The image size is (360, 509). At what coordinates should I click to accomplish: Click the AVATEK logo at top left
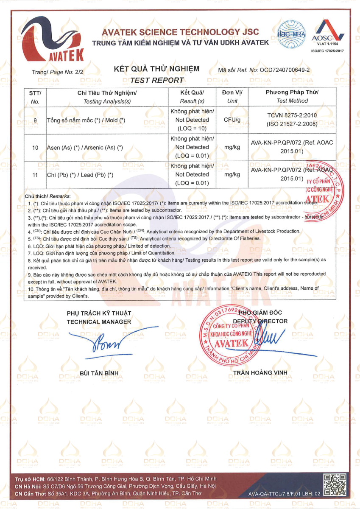pyautogui.click(x=53, y=41)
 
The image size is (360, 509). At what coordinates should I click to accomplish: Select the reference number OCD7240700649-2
pyautogui.click(x=285, y=70)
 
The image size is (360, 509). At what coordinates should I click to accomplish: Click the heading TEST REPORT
pyautogui.click(x=156, y=80)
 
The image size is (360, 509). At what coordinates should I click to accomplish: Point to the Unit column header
pyautogui.click(x=232, y=97)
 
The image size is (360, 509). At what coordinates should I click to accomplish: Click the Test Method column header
pyautogui.click(x=292, y=97)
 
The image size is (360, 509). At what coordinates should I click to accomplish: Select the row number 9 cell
pyautogui.click(x=35, y=120)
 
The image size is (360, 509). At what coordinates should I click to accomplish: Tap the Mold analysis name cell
pyautogui.click(x=86, y=120)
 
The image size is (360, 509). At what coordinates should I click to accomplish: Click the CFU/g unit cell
pyautogui.click(x=232, y=120)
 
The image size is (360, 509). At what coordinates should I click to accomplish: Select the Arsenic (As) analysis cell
pyautogui.click(x=84, y=148)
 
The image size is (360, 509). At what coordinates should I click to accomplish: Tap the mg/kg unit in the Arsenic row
pyautogui.click(x=232, y=147)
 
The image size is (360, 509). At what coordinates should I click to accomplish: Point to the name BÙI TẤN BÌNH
pyautogui.click(x=99, y=373)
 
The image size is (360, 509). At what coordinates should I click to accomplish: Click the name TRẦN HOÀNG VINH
pyautogui.click(x=260, y=372)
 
